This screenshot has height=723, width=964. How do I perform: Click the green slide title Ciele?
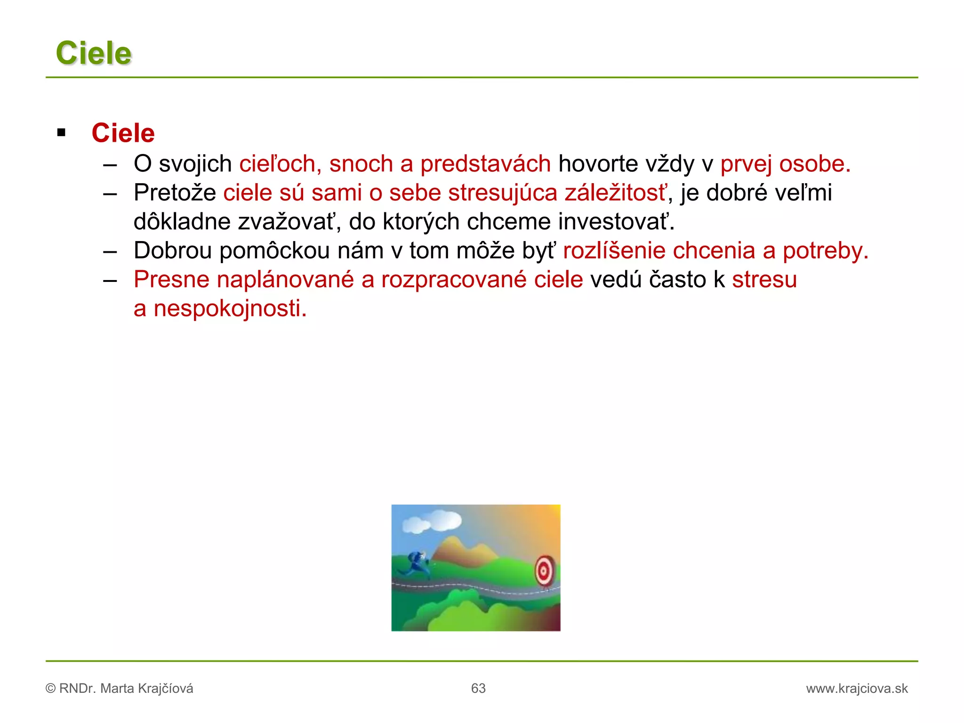tap(93, 53)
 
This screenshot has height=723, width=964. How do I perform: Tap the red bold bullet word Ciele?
tap(123, 133)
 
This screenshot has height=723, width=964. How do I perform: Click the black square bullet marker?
tap(61, 133)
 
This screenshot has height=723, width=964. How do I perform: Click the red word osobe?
tap(814, 164)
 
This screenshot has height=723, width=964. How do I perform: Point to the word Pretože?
tap(175, 193)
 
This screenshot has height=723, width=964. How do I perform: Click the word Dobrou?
tap(173, 250)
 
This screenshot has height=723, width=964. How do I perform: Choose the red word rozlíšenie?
tap(614, 250)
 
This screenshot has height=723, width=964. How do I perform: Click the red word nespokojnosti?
tap(230, 309)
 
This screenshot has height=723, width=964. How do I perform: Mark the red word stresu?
tap(764, 280)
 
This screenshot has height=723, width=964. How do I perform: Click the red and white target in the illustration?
tap(545, 571)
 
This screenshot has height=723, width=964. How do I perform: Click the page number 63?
tap(478, 689)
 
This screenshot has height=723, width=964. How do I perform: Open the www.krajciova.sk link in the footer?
tap(857, 689)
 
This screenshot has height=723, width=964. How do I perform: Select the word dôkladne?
tap(182, 222)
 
